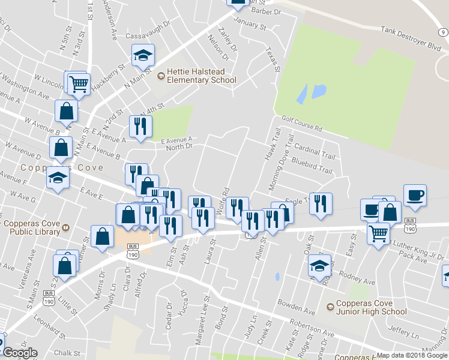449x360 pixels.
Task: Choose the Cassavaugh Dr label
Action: click(x=148, y=36)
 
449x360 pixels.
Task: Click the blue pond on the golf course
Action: click(x=311, y=92)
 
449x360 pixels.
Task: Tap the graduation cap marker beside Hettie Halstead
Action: click(x=143, y=55)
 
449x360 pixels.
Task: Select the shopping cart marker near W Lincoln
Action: click(x=79, y=83)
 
